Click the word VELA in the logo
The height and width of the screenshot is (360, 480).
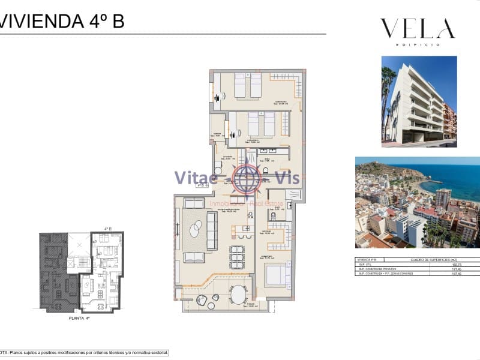417,28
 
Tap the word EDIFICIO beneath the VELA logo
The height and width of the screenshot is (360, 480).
417,44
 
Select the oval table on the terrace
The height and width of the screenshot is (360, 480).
238,295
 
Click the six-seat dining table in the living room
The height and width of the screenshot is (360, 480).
238,256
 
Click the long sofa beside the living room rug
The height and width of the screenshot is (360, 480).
212,231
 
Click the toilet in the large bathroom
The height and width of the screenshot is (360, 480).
265,172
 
